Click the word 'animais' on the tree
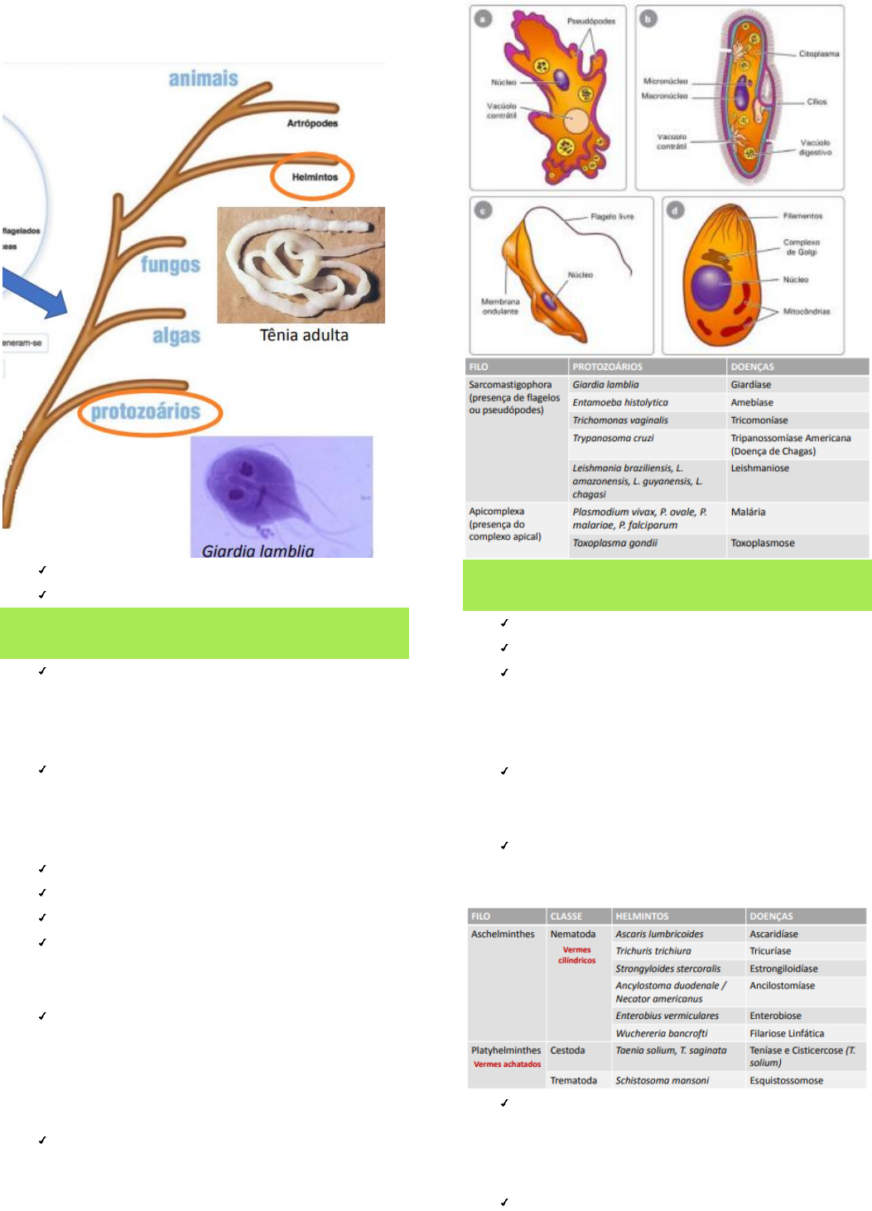[203, 79]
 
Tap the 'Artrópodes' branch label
[312, 123]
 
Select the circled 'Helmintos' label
[315, 177]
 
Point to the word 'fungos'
[171, 265]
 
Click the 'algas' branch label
[176, 336]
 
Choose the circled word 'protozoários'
[146, 411]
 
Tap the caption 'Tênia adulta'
[304, 335]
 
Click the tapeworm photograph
[301, 265]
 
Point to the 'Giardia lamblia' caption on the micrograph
[258, 550]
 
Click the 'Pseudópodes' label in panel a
[591, 22]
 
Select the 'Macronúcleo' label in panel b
[664, 96]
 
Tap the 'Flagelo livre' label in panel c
[612, 217]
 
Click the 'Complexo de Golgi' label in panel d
[801, 247]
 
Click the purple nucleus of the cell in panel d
[710, 287]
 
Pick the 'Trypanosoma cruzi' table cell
[613, 439]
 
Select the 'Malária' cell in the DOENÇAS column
[748, 512]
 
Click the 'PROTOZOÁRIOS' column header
[607, 367]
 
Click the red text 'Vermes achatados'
[507, 1064]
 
